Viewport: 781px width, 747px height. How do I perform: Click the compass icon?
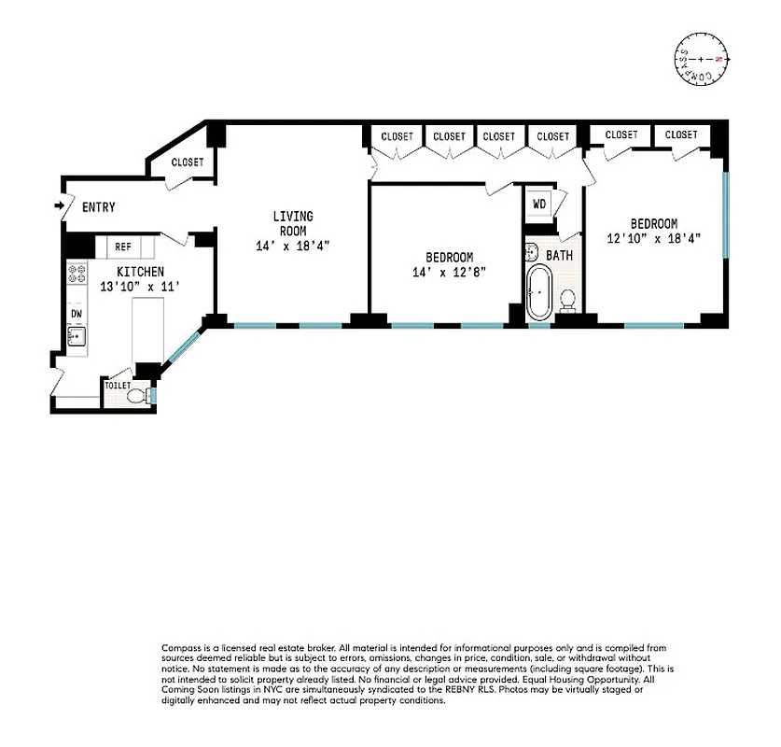tap(700, 60)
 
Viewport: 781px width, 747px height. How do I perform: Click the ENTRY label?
tap(99, 207)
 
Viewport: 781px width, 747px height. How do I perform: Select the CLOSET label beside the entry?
tap(188, 162)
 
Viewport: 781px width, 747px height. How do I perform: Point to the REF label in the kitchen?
tap(123, 247)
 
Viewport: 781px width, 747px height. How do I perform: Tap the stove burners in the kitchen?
tap(76, 274)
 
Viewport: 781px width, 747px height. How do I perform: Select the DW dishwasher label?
tap(77, 314)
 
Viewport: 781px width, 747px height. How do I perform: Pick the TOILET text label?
tap(118, 385)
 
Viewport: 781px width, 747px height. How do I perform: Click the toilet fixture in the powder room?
tap(138, 396)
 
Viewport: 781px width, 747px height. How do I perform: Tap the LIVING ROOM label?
tap(292, 223)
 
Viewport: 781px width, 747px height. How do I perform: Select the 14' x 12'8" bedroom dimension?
tap(450, 272)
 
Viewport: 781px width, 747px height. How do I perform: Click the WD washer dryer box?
tap(539, 204)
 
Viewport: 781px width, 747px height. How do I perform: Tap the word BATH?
tap(560, 255)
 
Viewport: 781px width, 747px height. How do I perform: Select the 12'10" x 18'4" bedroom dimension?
tap(653, 238)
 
